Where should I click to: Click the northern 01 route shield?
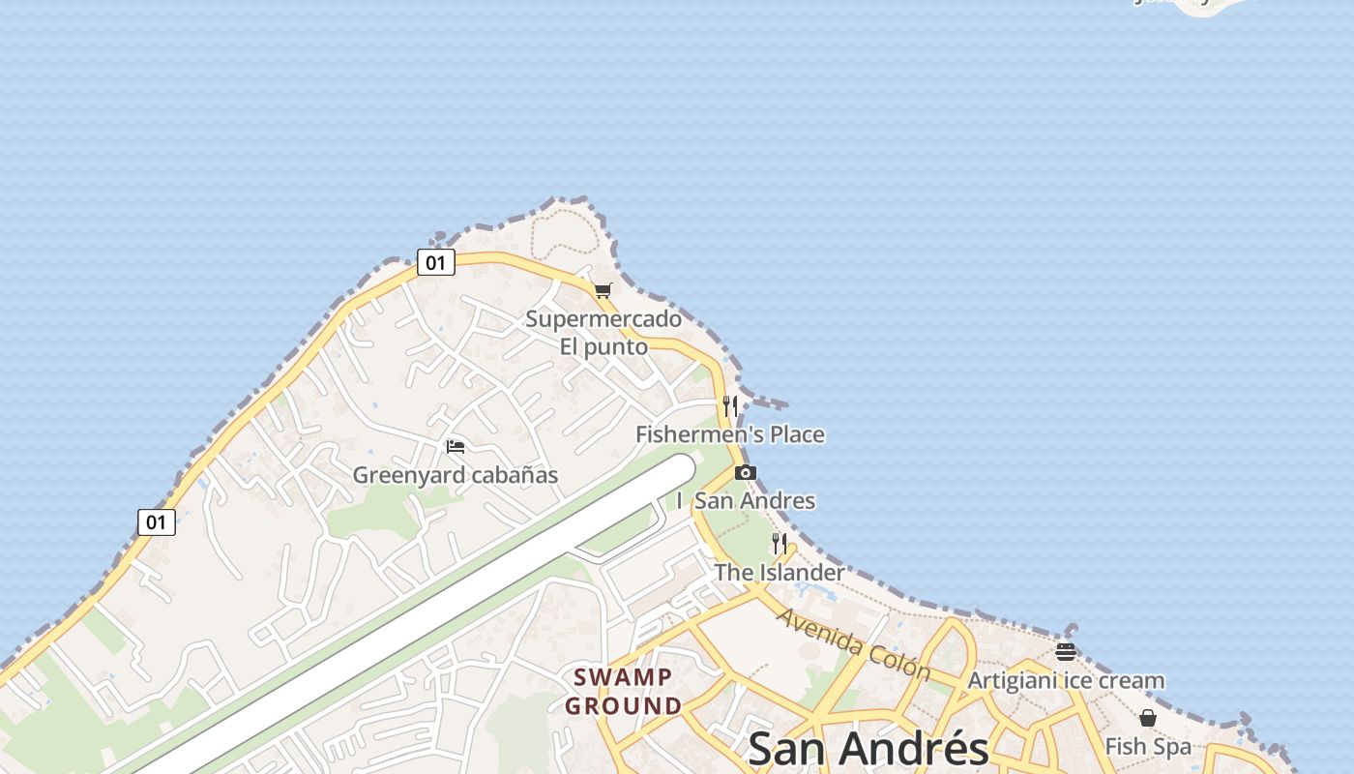436,262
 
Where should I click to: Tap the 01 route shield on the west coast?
156,522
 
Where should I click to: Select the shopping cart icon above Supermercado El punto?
603,290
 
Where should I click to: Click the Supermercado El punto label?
603,332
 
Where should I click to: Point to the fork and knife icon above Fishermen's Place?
730,406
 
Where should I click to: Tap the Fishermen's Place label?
730,434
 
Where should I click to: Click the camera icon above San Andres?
745,473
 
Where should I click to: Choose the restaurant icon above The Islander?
780,544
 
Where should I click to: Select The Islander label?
779,572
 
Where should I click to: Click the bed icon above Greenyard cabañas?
456,446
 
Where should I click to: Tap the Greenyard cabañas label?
456,475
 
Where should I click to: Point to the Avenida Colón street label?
853,644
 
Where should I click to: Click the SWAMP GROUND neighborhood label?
624,691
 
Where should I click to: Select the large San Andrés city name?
868,749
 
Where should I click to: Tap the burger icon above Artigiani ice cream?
1066,652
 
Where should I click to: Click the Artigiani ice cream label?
1066,680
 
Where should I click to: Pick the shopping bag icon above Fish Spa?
1148,718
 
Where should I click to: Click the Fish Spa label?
1148,747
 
